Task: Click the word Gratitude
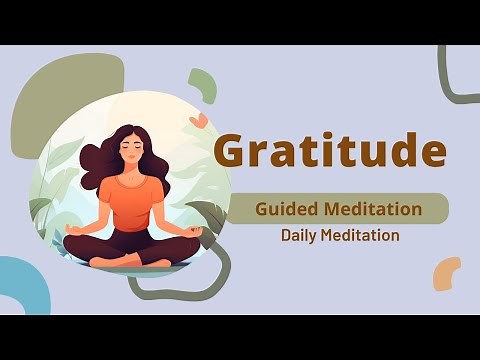pyautogui.click(x=330, y=151)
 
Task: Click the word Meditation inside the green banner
pyautogui.click(x=374, y=210)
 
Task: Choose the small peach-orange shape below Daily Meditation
pyautogui.click(x=446, y=272)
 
